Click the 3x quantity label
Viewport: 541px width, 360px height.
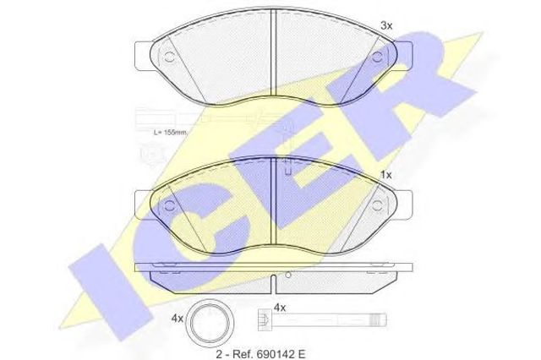tap(386, 25)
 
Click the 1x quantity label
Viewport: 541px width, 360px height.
tap(386, 175)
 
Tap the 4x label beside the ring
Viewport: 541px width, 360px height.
tap(178, 319)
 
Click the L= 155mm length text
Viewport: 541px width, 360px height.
tap(170, 132)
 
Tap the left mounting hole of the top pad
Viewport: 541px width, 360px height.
tap(169, 57)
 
